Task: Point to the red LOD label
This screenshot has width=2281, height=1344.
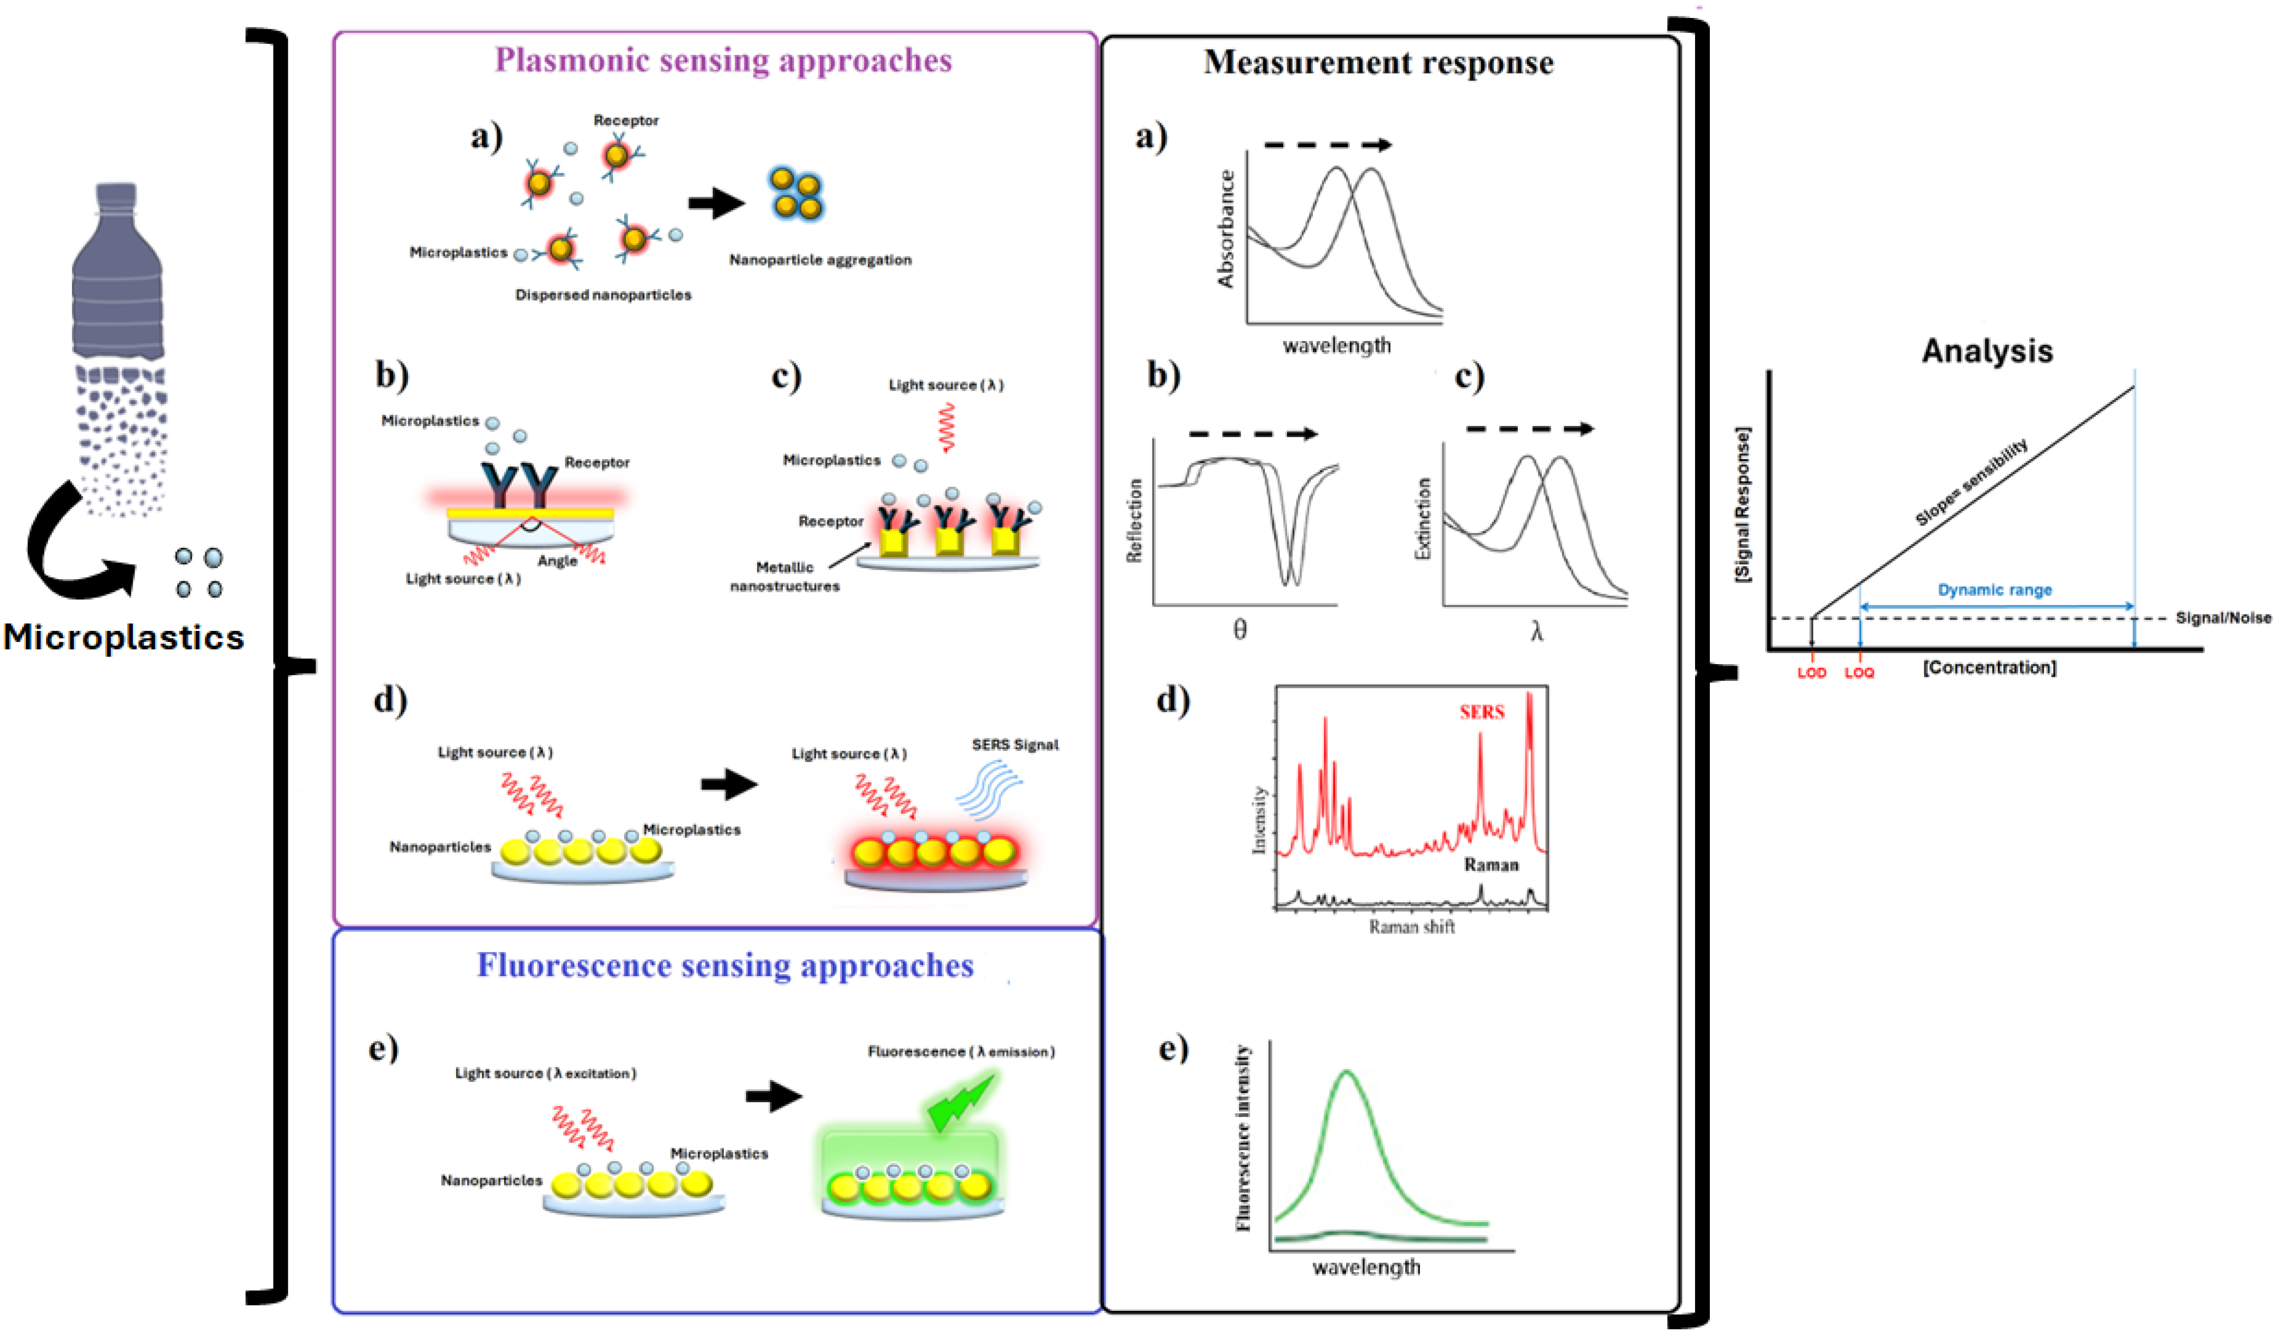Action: click(x=1811, y=673)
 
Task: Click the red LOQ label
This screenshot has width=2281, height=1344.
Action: click(x=1859, y=673)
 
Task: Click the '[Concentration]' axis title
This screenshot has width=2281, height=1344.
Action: click(x=1990, y=667)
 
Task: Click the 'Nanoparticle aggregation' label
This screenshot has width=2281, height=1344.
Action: click(x=820, y=260)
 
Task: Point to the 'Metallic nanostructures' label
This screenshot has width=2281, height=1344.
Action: click(x=784, y=577)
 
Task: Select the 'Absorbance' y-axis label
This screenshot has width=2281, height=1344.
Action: click(x=1226, y=229)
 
